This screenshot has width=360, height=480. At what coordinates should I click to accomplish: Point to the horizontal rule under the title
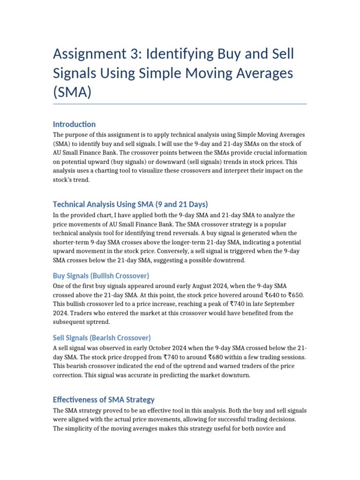click(180, 104)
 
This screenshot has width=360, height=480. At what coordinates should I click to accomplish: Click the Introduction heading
click(74, 124)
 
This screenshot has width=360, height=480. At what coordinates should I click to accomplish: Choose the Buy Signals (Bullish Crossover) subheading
click(101, 276)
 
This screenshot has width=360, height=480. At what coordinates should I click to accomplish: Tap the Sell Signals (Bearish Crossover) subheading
click(102, 337)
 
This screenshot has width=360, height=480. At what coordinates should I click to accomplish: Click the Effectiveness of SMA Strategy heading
click(104, 400)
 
